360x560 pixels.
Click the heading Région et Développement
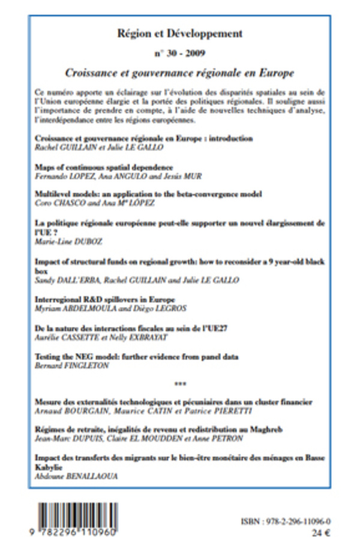(180, 34)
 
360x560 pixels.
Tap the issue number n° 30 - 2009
(180, 53)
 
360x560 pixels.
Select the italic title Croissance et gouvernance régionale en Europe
(180, 73)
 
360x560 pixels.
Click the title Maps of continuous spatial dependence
(104, 167)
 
